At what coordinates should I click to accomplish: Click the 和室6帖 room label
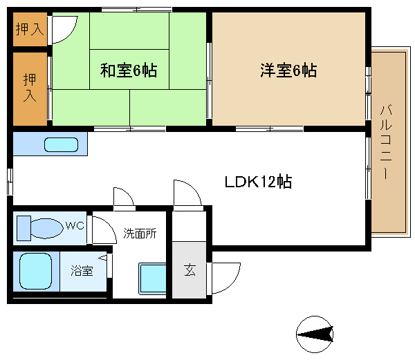tap(129, 70)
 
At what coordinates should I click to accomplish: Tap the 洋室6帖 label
tap(288, 70)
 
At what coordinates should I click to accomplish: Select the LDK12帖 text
tap(258, 182)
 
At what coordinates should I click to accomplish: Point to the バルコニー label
tap(386, 142)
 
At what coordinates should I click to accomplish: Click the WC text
tap(75, 226)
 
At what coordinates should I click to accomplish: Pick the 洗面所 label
tap(140, 234)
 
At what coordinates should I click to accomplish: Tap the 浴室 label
tap(82, 271)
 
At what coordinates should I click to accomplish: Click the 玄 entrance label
tap(190, 270)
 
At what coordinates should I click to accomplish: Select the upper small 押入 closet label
tap(30, 29)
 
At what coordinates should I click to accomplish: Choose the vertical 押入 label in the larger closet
tap(30, 88)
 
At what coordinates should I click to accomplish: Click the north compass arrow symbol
tap(315, 334)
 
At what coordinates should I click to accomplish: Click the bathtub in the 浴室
tap(35, 271)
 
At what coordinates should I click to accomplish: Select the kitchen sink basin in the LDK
tap(61, 144)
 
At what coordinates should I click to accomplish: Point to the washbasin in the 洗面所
tap(152, 278)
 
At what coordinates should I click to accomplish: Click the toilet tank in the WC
tap(24, 229)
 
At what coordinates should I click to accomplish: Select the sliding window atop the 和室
tap(137, 10)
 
